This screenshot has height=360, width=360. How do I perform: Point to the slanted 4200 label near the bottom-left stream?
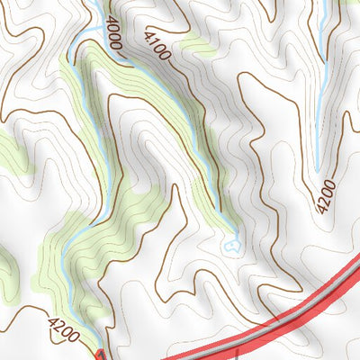(x=64, y=329)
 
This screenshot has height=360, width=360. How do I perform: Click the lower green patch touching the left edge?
(x=7, y=261)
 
